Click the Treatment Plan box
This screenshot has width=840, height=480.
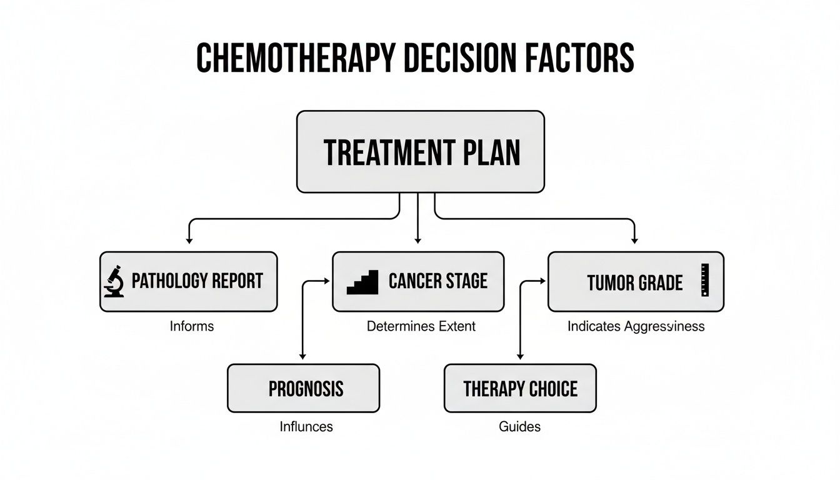click(420, 152)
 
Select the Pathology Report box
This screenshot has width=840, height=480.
click(188, 281)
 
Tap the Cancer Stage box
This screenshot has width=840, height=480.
click(417, 281)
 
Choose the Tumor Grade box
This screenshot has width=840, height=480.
click(636, 281)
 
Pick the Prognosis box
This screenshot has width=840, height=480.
click(303, 388)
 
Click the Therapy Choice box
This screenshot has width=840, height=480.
click(520, 388)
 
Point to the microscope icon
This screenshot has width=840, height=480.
click(114, 281)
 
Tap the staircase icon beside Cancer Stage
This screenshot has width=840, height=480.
click(362, 282)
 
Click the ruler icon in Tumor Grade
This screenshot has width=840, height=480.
click(705, 279)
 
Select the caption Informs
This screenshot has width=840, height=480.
click(191, 326)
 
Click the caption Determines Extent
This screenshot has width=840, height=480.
click(421, 326)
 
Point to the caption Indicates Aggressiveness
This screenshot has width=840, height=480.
click(636, 326)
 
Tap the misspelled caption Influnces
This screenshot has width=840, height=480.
click(306, 427)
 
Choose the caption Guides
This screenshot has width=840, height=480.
click(519, 427)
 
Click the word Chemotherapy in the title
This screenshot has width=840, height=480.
click(295, 58)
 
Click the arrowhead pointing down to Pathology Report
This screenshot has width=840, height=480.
click(188, 240)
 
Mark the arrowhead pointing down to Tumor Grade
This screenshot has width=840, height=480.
click(635, 240)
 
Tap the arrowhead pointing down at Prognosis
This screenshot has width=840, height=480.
click(302, 356)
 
